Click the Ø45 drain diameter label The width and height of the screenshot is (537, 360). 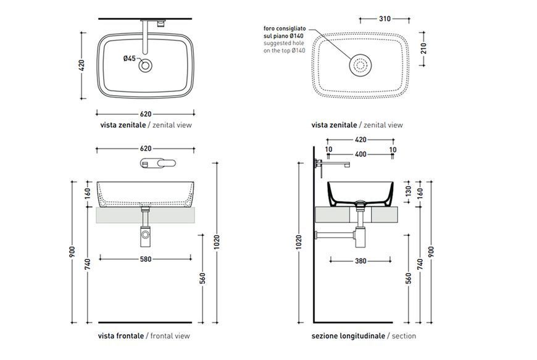point(130,59)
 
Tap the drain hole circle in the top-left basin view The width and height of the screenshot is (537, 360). point(146,65)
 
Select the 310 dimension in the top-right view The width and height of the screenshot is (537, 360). point(385,19)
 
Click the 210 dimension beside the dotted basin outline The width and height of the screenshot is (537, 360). point(423,48)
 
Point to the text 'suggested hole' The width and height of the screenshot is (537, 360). point(283,43)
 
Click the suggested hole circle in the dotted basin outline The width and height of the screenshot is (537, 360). point(360,65)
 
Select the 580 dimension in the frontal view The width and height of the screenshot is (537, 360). point(146,259)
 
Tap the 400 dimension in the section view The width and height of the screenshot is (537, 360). point(360,154)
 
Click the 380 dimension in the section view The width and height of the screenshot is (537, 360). point(360,261)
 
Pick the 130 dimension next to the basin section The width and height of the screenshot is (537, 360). point(408,191)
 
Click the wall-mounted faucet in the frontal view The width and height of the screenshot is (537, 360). point(158,163)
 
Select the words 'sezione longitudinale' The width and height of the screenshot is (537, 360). point(348,336)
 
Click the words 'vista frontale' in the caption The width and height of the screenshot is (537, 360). point(120,336)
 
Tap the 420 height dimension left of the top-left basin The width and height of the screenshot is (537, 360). point(81,65)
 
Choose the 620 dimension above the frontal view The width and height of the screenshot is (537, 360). point(146,149)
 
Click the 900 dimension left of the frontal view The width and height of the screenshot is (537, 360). point(72,251)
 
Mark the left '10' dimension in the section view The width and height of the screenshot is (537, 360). point(328,149)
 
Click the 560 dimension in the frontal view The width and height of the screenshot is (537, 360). point(202,278)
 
